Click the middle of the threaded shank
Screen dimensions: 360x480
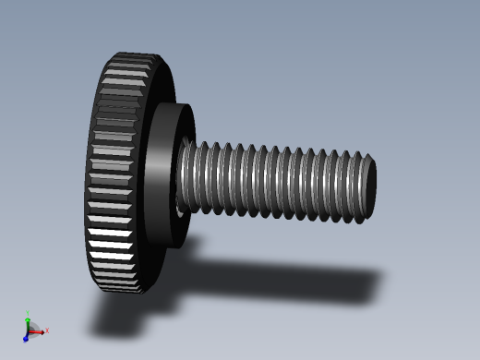(277, 181)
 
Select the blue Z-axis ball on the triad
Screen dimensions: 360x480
(25, 338)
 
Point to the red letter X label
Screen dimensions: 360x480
(47, 330)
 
